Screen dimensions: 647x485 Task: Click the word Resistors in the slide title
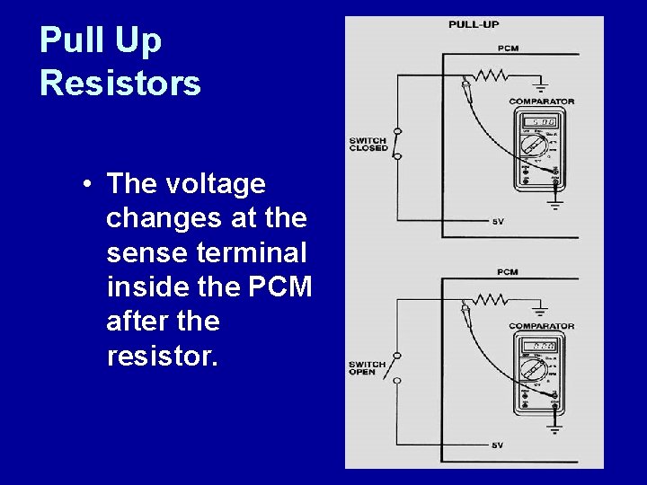coord(120,84)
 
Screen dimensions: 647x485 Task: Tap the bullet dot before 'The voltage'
coord(84,185)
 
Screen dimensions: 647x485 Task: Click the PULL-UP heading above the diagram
coord(474,24)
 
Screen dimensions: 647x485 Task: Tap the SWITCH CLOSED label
coord(368,144)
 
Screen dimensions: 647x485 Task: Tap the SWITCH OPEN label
coord(368,368)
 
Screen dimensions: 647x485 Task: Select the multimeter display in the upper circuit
coord(537,121)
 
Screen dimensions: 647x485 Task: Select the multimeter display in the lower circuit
coord(537,346)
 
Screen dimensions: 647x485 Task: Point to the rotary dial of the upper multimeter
coord(536,147)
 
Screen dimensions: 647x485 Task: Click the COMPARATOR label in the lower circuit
coord(542,326)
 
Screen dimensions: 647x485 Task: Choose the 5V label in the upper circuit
coord(498,221)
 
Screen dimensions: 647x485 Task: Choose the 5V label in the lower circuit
coord(498,445)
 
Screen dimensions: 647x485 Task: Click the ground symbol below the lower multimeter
coord(554,429)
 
